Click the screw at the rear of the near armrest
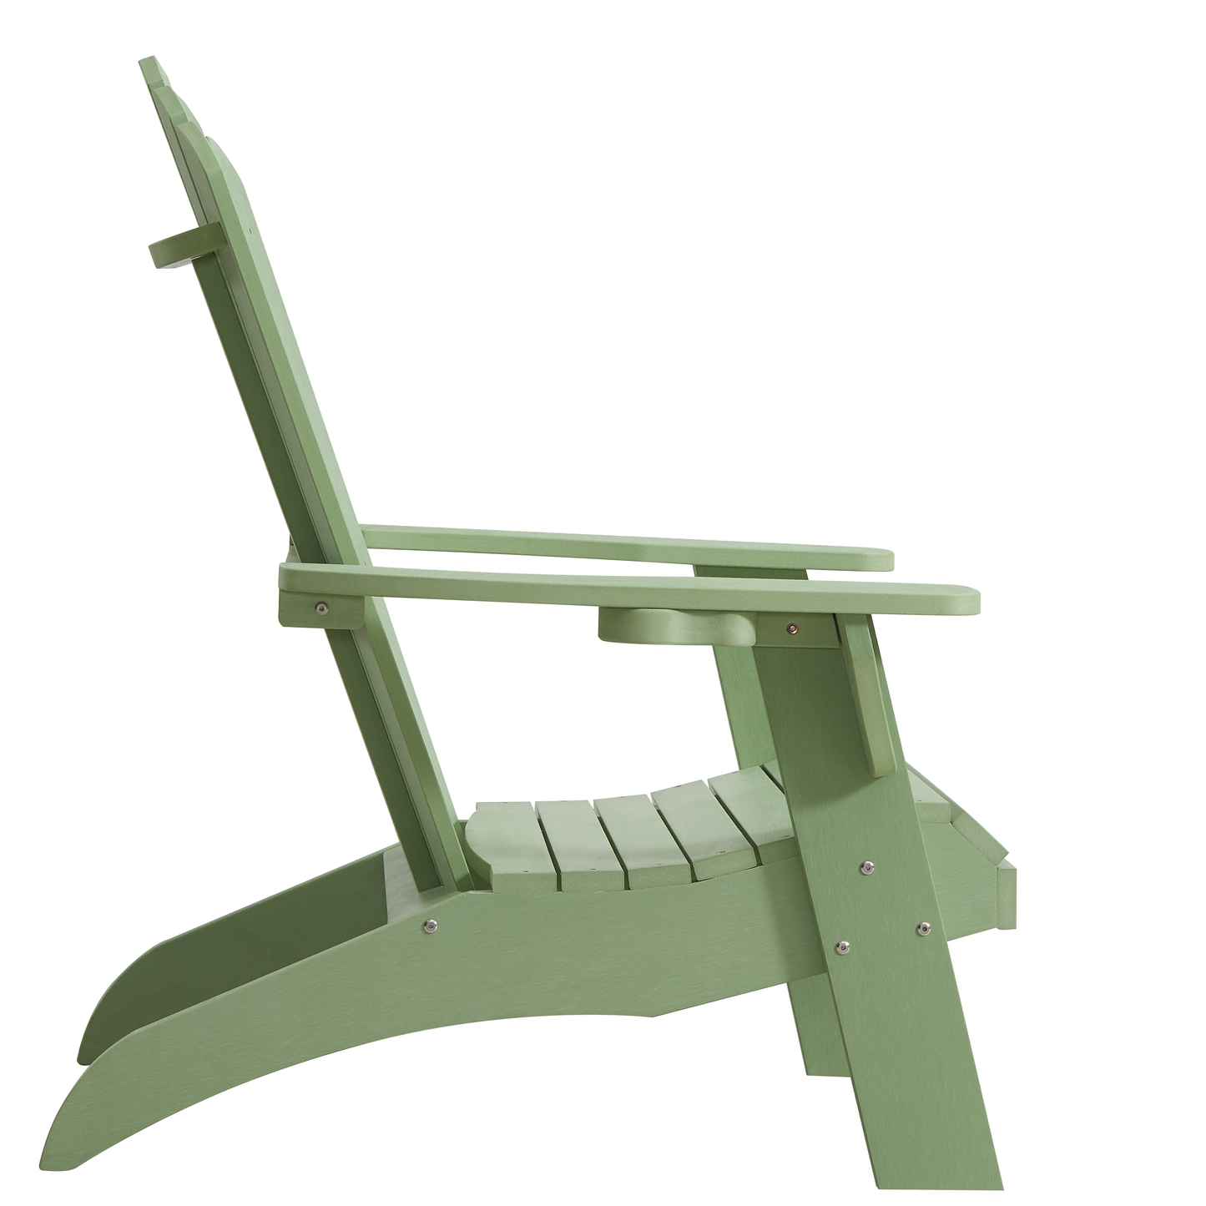(x=321, y=608)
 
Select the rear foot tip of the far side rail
(x=83, y=1053)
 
